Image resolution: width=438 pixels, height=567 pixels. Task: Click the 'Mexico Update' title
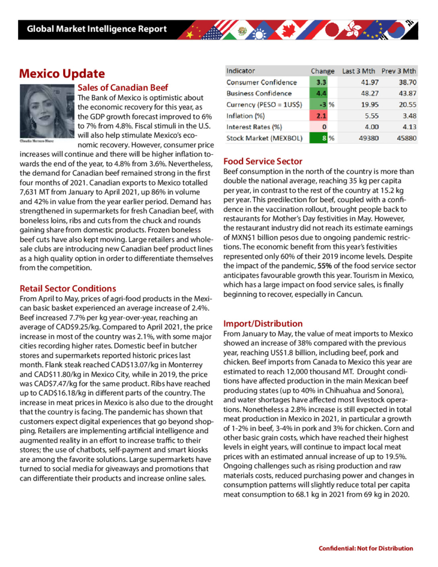(62, 74)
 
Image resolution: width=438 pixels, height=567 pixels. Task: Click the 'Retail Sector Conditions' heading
(68, 288)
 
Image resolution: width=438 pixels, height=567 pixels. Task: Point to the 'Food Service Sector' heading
(262, 161)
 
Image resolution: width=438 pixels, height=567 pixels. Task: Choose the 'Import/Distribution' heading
(262, 323)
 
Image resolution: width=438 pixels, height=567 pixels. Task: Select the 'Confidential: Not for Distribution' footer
(365, 548)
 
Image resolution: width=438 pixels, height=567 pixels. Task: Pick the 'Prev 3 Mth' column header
(398, 71)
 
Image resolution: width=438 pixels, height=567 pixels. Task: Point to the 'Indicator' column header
(240, 71)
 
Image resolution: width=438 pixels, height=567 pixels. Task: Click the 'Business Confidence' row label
(259, 94)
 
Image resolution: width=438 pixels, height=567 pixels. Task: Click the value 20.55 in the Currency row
(404, 105)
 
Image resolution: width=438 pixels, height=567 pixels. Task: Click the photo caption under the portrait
(38, 141)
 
